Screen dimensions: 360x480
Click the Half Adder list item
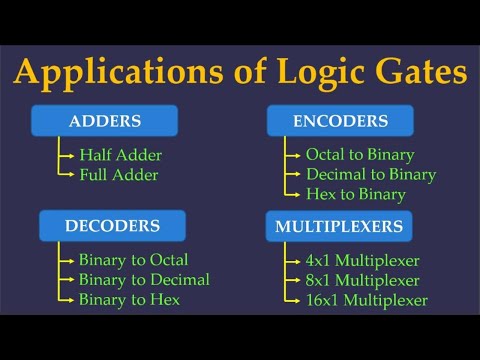point(120,155)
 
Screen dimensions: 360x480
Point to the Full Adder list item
point(119,174)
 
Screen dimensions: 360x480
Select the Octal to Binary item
point(360,155)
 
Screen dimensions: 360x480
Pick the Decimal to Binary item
point(371,174)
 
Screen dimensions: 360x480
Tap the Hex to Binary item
point(356,194)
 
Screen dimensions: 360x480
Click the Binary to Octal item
point(132,260)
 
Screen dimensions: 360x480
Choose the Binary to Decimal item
point(144,279)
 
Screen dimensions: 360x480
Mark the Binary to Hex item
point(128,299)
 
